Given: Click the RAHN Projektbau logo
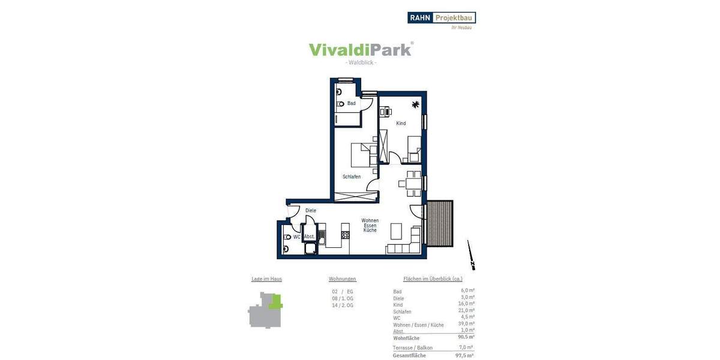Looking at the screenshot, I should [442, 18].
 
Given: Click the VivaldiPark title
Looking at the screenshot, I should [360, 49].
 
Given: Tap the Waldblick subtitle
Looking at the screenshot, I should [361, 63].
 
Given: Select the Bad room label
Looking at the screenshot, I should [351, 103].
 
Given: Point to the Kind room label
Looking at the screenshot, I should [401, 124].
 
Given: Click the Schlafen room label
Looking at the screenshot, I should [352, 176].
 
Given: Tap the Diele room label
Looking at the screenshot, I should [310, 211].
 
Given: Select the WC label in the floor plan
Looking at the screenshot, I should [296, 237].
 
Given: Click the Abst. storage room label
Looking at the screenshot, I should [310, 237].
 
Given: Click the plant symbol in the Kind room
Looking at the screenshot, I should [415, 105].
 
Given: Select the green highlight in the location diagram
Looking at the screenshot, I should [275, 301].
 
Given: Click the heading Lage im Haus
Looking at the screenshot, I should [266, 279].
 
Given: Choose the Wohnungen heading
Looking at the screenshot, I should [343, 279].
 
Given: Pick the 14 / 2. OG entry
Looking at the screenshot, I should [343, 305].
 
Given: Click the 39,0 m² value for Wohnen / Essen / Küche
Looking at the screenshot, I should [466, 324].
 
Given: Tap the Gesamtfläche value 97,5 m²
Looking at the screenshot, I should [464, 355].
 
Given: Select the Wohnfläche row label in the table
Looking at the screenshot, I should [406, 338].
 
